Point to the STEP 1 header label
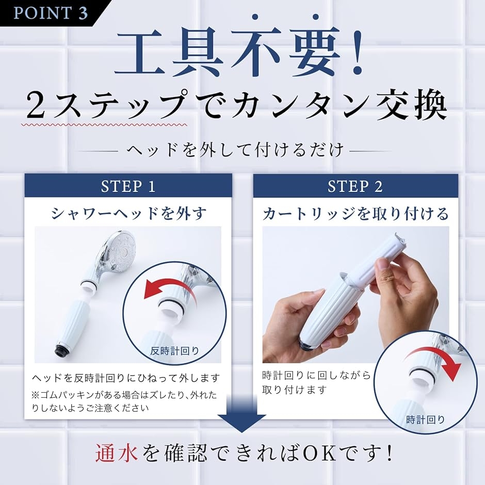[x=128, y=186]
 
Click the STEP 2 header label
[x=355, y=186]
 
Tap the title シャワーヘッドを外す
[x=128, y=213]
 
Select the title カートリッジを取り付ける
[x=355, y=213]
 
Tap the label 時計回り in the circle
[x=425, y=419]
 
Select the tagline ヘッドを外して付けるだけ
[x=235, y=150]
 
